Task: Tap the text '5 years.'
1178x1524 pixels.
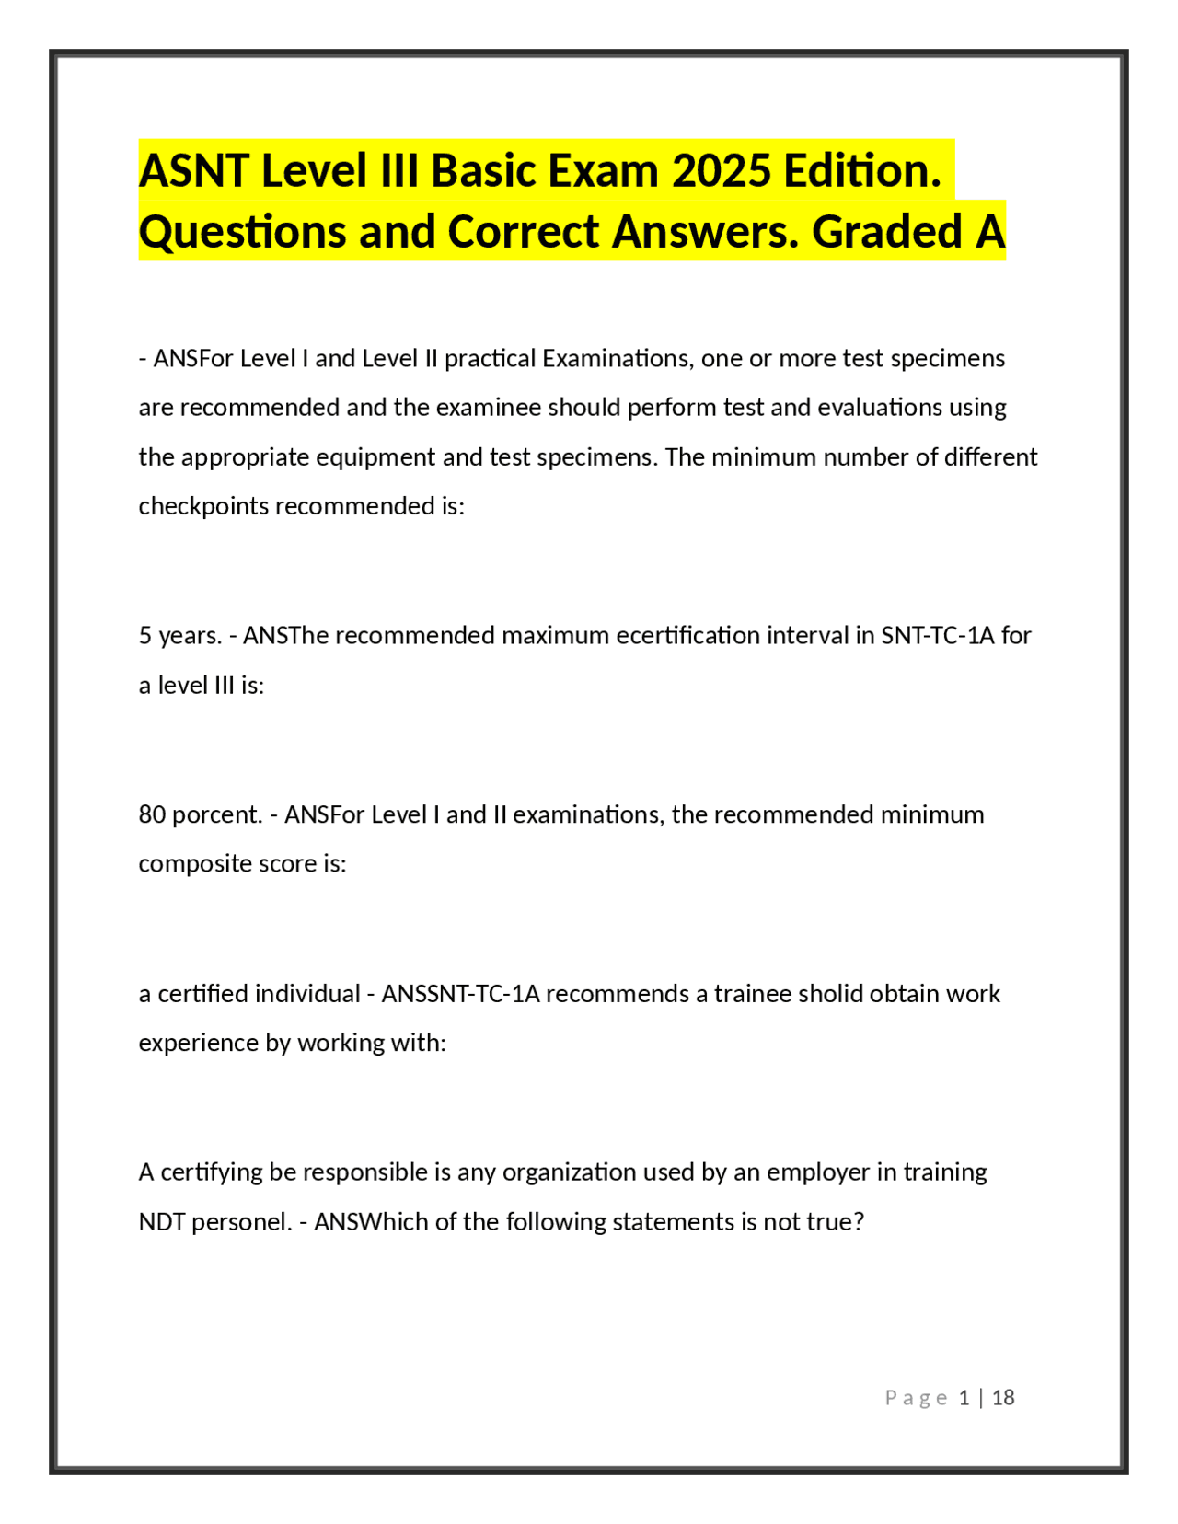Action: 180,636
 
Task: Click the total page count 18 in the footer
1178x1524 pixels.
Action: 1003,1398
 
